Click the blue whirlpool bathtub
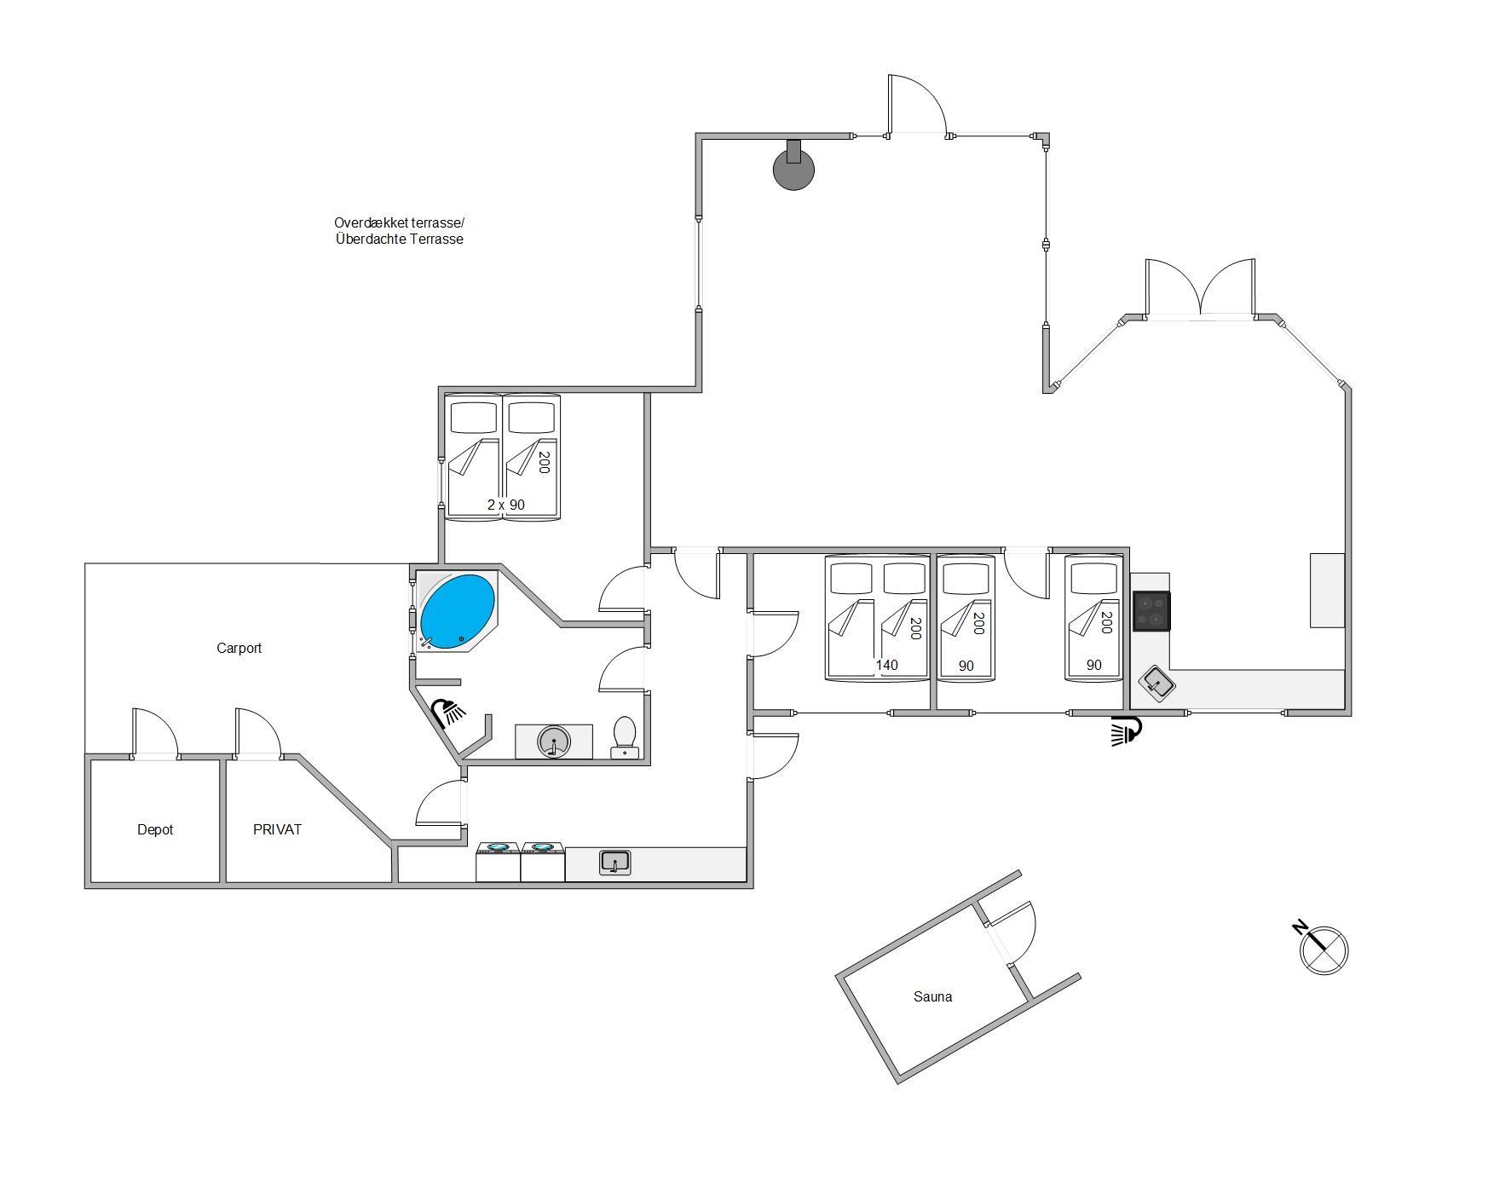point(458,610)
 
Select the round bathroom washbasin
point(553,742)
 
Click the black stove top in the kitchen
point(1151,611)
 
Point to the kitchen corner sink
point(1157,682)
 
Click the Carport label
point(239,648)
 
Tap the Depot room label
point(155,829)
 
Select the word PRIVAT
point(278,829)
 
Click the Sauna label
point(933,996)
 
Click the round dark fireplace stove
point(793,166)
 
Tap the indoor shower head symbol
point(447,712)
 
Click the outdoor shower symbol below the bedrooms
point(1126,730)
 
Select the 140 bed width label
point(887,665)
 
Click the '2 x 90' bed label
point(506,505)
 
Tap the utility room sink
point(614,863)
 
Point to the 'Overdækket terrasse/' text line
point(399,222)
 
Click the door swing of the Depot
point(155,731)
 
